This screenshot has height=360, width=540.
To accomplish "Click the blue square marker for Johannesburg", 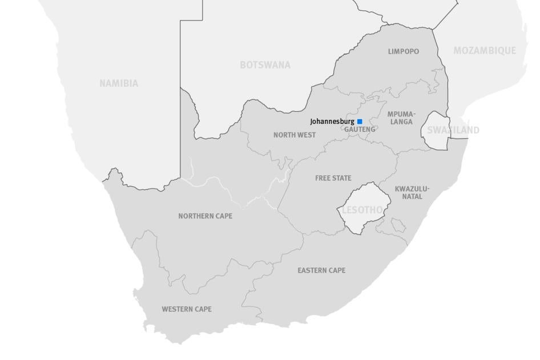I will click(360, 122).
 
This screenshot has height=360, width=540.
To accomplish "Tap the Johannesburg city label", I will click(332, 122).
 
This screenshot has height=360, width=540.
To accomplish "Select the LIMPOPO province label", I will click(404, 51).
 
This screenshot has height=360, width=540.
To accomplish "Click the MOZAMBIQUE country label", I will click(485, 51).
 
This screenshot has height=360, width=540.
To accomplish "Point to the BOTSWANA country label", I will click(265, 65).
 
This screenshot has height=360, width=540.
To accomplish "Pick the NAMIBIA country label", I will click(119, 83).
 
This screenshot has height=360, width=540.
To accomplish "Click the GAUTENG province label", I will click(360, 130).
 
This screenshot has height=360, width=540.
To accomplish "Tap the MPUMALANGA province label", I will click(401, 118).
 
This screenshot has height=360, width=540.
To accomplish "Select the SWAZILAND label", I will click(453, 130).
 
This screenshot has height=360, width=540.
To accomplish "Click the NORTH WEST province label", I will click(295, 135).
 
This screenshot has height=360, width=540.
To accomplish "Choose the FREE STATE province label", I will click(333, 178).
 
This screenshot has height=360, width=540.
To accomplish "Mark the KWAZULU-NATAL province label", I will click(412, 193).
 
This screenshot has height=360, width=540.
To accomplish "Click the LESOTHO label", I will click(362, 210).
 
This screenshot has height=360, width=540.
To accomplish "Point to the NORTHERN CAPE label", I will click(205, 216).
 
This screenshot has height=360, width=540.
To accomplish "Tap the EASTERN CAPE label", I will click(321, 270).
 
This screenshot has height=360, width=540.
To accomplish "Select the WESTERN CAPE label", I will click(187, 309).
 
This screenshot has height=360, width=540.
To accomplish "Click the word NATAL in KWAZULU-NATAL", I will click(412, 197).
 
